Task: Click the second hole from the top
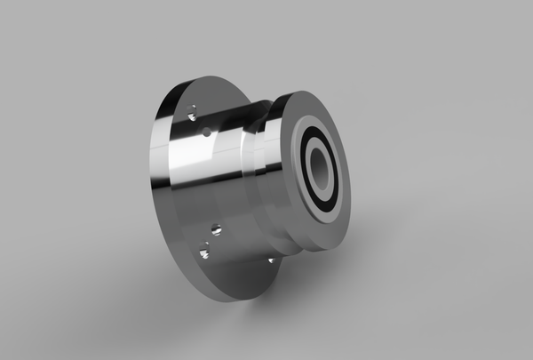(206, 132)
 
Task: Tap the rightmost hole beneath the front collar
(271, 260)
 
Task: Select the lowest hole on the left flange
(203, 255)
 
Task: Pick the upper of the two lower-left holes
(214, 230)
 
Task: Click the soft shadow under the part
(293, 307)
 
